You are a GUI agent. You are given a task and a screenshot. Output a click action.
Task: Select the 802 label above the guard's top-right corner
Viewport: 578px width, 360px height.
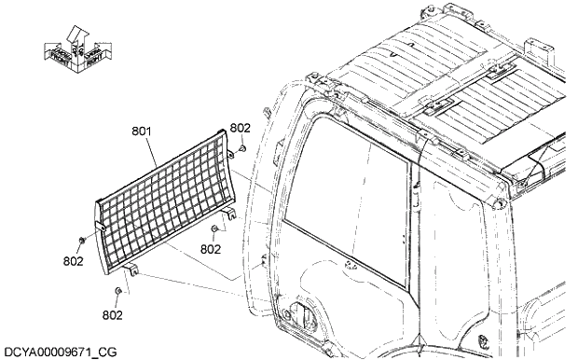(x=240, y=129)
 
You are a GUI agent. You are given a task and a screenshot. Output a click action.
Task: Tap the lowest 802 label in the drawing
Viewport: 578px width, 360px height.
(x=113, y=315)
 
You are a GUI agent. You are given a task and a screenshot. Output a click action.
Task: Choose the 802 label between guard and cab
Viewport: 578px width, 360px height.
(x=211, y=249)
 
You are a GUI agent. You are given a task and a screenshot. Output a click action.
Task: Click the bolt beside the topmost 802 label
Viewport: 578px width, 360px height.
(x=241, y=146)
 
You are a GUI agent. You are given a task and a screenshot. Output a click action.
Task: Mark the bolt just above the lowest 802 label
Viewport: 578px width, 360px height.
(x=117, y=293)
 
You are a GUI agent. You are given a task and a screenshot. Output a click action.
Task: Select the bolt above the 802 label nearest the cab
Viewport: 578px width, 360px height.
(x=215, y=229)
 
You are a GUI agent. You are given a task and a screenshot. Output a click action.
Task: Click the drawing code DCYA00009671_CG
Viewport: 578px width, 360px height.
(x=62, y=352)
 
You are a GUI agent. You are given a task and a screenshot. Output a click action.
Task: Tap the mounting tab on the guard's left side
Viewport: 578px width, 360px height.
(x=100, y=228)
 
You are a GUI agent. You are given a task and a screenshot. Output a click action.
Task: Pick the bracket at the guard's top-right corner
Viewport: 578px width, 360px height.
(x=228, y=137)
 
